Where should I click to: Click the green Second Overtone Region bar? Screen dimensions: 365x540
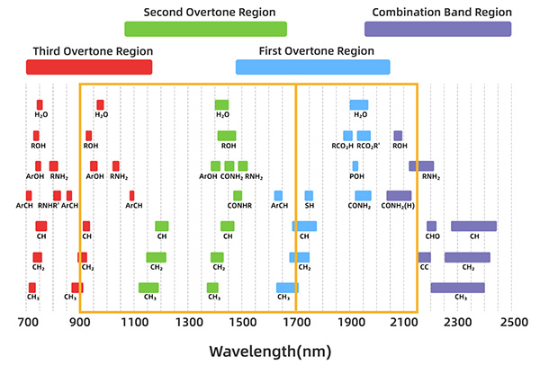pyautogui.click(x=205, y=29)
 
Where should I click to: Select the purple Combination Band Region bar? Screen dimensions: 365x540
pyautogui.click(x=438, y=29)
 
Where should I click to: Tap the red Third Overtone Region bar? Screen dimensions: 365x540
pyautogui.click(x=89, y=67)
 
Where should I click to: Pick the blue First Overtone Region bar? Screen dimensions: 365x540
pyautogui.click(x=312, y=67)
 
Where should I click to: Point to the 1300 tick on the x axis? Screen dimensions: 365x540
pyautogui.click(x=189, y=321)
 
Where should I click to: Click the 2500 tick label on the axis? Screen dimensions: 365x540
pyautogui.click(x=513, y=321)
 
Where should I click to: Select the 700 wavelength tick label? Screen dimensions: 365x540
pyautogui.click(x=27, y=321)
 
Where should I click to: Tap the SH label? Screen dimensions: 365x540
pyautogui.click(x=309, y=206)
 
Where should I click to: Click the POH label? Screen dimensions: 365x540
pyautogui.click(x=356, y=177)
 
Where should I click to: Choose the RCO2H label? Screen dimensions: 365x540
pyautogui.click(x=343, y=146)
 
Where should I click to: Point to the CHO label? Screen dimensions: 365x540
pyautogui.click(x=432, y=236)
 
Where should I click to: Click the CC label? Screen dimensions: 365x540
pyautogui.click(x=424, y=267)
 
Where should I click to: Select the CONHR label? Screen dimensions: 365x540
pyautogui.click(x=238, y=206)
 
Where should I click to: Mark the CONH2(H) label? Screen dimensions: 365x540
pyautogui.click(x=399, y=206)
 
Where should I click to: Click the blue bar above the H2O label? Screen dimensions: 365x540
pyautogui.click(x=359, y=104)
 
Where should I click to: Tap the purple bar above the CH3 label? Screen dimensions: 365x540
pyautogui.click(x=457, y=288)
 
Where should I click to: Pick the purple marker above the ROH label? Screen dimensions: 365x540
pyautogui.click(x=398, y=136)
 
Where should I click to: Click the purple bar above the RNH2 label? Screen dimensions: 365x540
pyautogui.click(x=421, y=165)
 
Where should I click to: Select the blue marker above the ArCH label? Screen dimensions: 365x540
pyautogui.click(x=278, y=195)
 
